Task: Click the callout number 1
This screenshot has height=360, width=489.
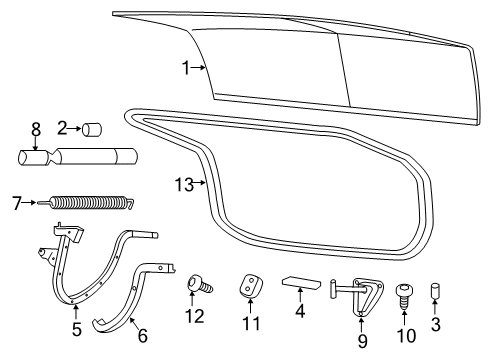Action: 186,67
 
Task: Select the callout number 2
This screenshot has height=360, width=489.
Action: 61,128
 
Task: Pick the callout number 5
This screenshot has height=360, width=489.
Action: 77,329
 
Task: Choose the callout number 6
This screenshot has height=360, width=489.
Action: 142,335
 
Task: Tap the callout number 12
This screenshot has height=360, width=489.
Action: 195,317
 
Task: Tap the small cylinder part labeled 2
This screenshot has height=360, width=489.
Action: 96,128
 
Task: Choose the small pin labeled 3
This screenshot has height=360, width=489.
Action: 435,292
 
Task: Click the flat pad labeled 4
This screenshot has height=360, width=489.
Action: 299,282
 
